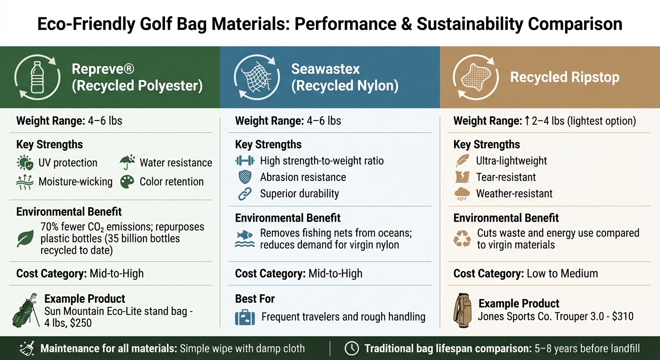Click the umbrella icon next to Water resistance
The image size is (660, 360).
click(127, 163)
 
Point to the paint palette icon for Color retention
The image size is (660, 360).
click(127, 182)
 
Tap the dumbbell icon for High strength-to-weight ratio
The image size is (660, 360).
click(245, 161)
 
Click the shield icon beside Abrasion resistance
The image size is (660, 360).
click(245, 177)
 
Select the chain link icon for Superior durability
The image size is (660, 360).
click(245, 194)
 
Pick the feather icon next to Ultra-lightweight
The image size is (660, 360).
click(462, 161)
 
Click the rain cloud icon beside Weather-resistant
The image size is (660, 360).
click(462, 194)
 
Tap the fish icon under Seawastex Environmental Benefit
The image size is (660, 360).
click(245, 238)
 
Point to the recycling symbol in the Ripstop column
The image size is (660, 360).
click(462, 239)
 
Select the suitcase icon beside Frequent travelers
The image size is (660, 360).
click(245, 317)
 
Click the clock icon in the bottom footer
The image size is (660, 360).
click(352, 348)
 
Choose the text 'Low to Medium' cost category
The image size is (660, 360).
click(562, 273)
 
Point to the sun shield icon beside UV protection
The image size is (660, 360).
click(24, 163)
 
